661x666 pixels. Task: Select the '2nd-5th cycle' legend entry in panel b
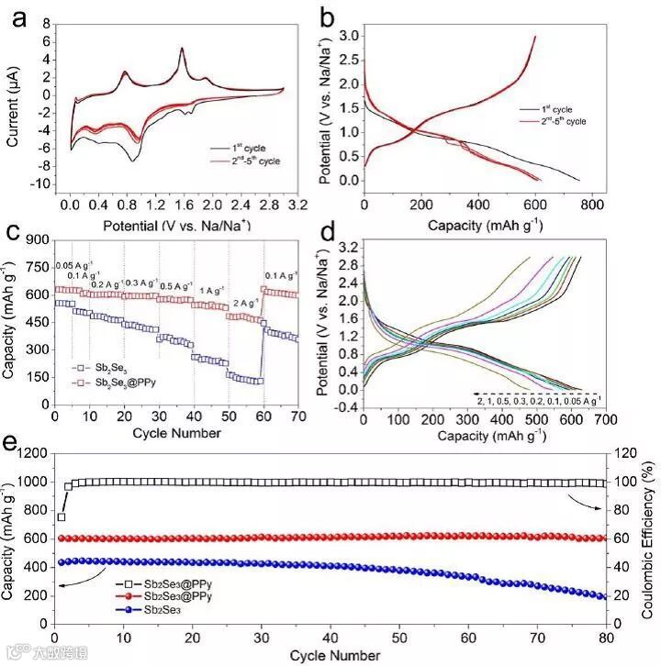point(555,121)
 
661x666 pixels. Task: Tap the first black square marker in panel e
point(61,517)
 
